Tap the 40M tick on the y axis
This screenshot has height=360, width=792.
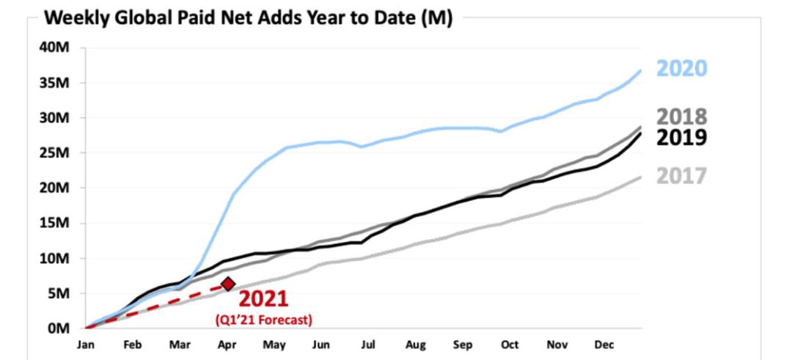56,48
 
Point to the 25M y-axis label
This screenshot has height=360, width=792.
56,153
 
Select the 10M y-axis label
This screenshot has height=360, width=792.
56,259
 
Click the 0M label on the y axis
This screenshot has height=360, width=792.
59,328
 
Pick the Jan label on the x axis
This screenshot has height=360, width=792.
86,345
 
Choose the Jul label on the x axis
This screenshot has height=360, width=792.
367,345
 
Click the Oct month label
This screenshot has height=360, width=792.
510,345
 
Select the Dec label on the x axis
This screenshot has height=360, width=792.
604,345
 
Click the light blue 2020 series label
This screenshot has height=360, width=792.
681,68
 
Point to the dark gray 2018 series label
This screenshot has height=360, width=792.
681,117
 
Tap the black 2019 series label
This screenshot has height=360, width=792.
681,137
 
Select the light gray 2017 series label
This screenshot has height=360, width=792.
681,176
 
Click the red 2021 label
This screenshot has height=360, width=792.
263,299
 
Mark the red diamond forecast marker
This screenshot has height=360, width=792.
228,284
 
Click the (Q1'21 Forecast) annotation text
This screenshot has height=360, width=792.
263,320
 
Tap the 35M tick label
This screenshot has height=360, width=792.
56,83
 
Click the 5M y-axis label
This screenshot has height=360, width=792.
59,293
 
